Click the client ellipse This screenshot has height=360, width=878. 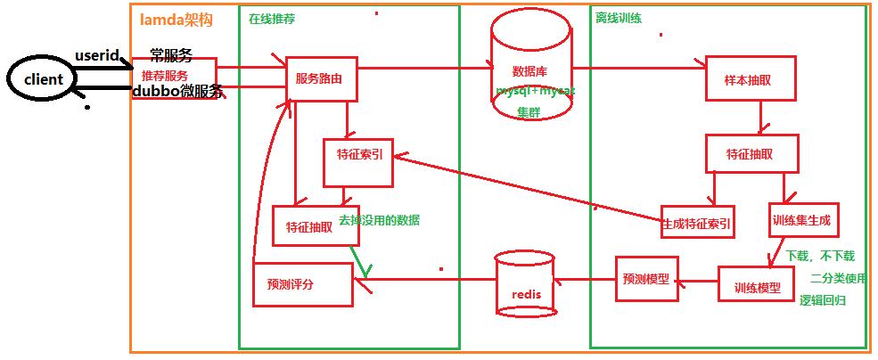pyautogui.click(x=43, y=79)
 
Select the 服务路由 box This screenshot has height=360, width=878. pyautogui.click(x=320, y=78)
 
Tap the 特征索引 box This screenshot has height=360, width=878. pyautogui.click(x=358, y=162)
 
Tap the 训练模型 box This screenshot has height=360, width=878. pyautogui.click(x=756, y=287)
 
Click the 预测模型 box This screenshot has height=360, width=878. pyautogui.click(x=647, y=278)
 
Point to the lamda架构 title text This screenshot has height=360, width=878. pyautogui.click(x=176, y=20)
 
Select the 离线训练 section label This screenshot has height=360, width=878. pyautogui.click(x=618, y=18)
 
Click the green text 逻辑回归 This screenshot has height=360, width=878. pyautogui.click(x=821, y=301)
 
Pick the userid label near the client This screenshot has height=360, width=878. pyautogui.click(x=96, y=55)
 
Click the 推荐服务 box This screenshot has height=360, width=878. pyautogui.click(x=173, y=78)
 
